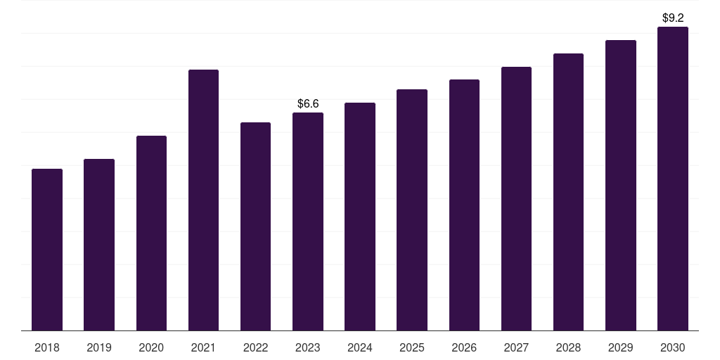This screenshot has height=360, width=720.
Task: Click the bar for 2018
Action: pyautogui.click(x=47, y=250)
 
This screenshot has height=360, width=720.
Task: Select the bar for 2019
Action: pyautogui.click(x=99, y=245)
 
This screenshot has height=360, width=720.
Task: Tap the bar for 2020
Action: pyautogui.click(x=152, y=233)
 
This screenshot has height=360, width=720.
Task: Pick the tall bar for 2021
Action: pyautogui.click(x=203, y=200)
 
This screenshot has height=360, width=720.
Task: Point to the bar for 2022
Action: pyautogui.click(x=255, y=226)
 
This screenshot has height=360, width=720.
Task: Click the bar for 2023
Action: pyautogui.click(x=308, y=221)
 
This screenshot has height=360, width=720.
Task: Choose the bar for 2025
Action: pyautogui.click(x=412, y=210)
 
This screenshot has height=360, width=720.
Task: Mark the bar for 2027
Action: pyautogui.click(x=516, y=199)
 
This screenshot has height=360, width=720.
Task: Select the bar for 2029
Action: pyautogui.click(x=621, y=186)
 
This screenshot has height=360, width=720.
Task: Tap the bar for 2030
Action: pyautogui.click(x=673, y=179)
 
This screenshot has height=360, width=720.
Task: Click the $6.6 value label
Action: pyautogui.click(x=308, y=104)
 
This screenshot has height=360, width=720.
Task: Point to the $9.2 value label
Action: pyautogui.click(x=673, y=18)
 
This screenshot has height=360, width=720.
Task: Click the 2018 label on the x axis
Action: pyautogui.click(x=47, y=347)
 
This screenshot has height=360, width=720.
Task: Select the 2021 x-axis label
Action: pyautogui.click(x=203, y=347)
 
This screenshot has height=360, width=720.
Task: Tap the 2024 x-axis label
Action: pyautogui.click(x=360, y=347)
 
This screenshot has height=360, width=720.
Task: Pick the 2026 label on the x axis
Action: pyautogui.click(x=464, y=347)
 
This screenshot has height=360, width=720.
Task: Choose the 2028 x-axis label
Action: pyautogui.click(x=568, y=347)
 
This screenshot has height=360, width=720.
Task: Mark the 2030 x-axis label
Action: pyautogui.click(x=673, y=347)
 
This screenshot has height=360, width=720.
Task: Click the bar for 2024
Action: pyautogui.click(x=360, y=217)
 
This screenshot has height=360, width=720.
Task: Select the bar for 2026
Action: pyautogui.click(x=464, y=205)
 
